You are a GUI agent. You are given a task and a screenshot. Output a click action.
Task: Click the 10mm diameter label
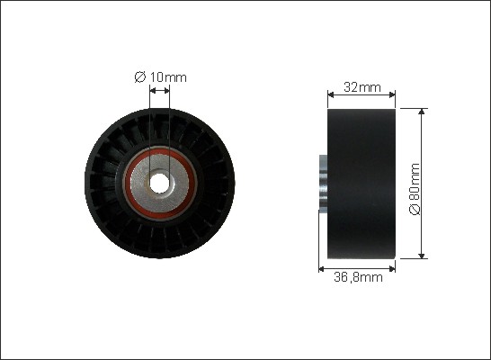coord(160,77)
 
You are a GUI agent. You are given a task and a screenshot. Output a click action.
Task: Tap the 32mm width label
coord(362,87)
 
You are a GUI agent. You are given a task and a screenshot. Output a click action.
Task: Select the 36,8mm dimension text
coord(358,277)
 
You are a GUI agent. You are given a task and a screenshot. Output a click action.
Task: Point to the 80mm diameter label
coord(415,189)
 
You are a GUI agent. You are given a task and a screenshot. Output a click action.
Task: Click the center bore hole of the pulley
coord(159,183)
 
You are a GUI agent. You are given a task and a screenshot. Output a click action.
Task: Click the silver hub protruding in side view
coord(323,182)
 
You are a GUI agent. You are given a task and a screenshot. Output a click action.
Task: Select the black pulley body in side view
coord(362,184)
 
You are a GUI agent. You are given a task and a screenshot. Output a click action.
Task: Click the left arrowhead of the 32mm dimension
coord(331,94)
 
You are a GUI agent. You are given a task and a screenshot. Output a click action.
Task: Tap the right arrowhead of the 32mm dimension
coord(392,94)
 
